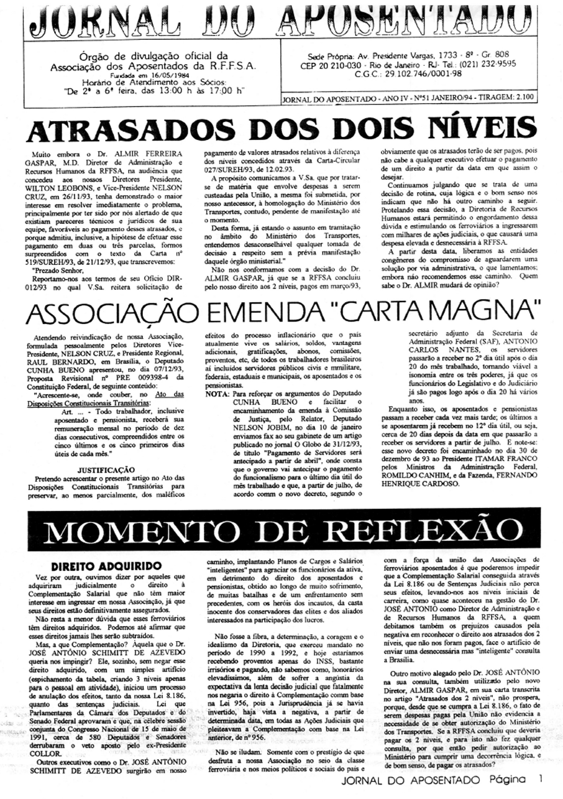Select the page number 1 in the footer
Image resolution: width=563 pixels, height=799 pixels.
(x=541, y=778)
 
